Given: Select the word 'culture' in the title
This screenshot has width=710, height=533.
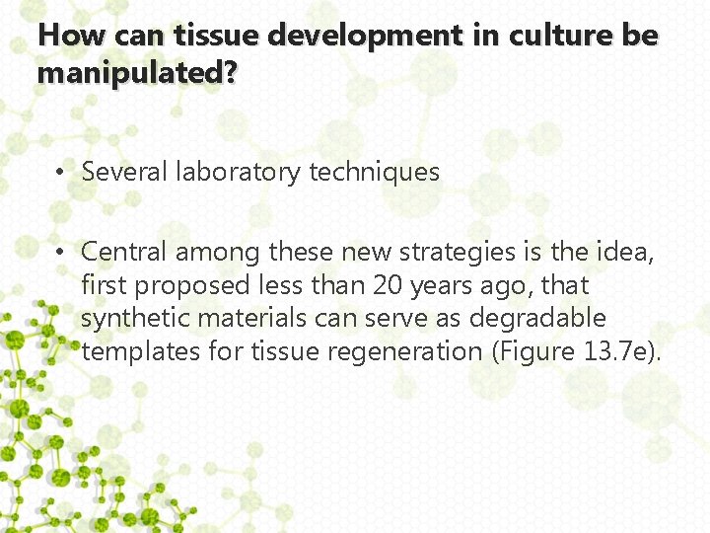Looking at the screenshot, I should (x=546, y=37).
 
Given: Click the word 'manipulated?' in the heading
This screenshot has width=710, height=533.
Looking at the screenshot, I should (x=137, y=73).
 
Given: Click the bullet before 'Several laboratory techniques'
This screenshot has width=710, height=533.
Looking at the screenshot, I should (x=61, y=172).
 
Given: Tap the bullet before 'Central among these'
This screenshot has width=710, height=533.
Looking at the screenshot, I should (x=61, y=253).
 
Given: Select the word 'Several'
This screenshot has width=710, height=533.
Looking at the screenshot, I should (x=125, y=172).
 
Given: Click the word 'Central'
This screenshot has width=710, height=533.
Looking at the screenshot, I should (x=125, y=252).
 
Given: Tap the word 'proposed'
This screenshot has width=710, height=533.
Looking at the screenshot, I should (x=196, y=285).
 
